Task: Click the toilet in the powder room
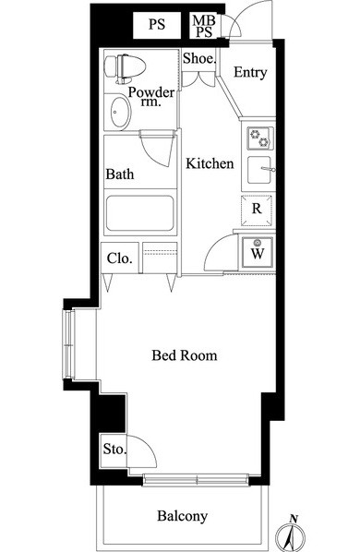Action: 126,68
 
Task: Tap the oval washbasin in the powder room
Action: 120,113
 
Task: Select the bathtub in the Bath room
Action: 140,213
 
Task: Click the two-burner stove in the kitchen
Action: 260,138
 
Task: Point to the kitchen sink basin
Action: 260,170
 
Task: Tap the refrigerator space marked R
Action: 257,210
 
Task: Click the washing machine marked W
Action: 258,252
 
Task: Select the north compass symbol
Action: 291,534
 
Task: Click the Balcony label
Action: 182,516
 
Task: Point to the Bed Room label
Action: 185,355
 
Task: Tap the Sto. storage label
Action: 114,449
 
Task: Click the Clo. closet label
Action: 120,258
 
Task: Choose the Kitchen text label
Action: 210,163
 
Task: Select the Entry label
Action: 250,73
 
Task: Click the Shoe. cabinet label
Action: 198,58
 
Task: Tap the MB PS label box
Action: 204,25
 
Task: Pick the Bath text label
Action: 120,174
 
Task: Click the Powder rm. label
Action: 151,96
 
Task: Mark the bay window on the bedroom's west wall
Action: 69,345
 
